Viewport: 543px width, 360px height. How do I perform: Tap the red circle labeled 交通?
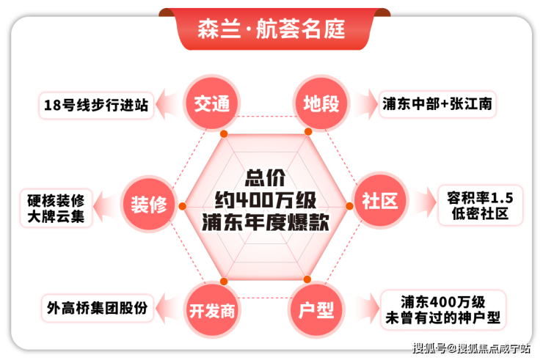click(211, 103)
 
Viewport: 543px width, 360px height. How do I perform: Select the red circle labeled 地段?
click(321, 103)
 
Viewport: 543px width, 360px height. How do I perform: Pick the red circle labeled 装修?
click(149, 205)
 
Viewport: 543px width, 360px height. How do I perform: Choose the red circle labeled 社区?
click(380, 200)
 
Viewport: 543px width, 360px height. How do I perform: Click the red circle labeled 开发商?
click(212, 310)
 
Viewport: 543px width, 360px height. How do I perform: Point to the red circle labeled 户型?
click(316, 310)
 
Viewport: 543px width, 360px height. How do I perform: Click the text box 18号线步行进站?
click(96, 106)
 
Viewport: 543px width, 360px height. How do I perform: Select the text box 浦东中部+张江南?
click(437, 104)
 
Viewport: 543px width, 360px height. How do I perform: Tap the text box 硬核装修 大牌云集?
click(56, 208)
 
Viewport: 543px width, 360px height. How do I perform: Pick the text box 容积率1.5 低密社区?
click(480, 205)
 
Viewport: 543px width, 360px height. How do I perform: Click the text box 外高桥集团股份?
click(98, 308)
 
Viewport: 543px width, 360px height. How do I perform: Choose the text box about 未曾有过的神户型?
click(443, 310)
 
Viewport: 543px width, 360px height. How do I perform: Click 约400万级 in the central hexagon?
click(266, 200)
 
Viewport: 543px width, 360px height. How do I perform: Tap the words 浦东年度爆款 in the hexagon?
click(266, 222)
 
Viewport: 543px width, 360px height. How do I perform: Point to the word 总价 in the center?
click(266, 178)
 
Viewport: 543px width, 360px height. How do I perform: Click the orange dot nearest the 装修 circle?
click(183, 206)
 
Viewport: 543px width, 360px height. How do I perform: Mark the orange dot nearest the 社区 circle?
click(349, 206)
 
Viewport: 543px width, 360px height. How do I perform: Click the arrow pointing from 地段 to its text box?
click(365, 104)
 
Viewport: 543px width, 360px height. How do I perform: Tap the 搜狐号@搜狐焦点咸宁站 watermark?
click(471, 348)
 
